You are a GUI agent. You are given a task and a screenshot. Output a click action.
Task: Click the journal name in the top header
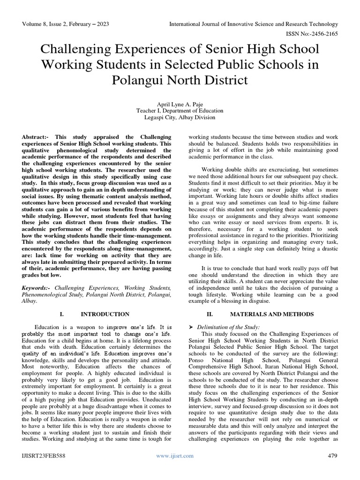point(254,24)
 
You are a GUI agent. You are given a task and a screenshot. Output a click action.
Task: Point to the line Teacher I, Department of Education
point(180,111)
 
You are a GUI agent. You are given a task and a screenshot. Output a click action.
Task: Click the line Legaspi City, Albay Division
point(180,117)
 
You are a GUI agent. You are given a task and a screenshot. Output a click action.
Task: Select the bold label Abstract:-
point(36,136)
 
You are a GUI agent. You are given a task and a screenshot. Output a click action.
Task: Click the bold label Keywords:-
point(37,287)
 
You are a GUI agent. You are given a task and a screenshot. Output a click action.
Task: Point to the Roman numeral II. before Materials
point(210,314)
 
